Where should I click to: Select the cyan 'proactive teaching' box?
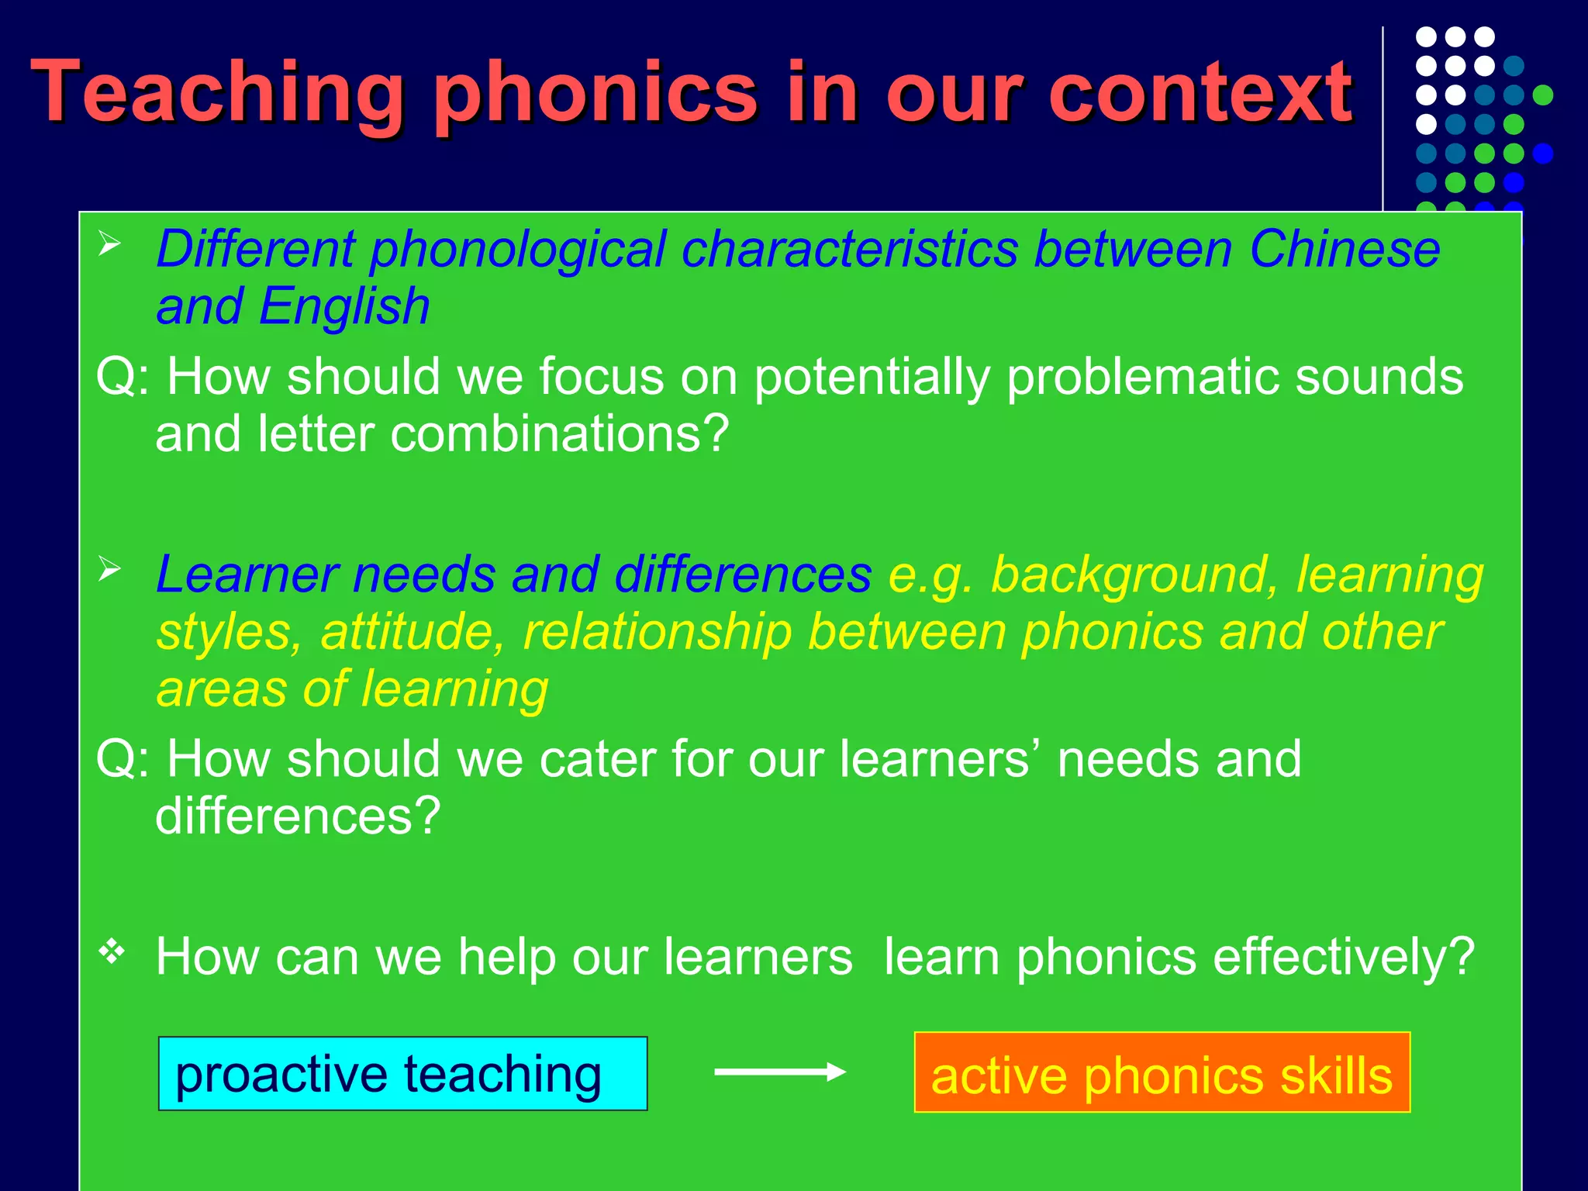pos(402,1074)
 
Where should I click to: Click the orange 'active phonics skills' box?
pos(1162,1074)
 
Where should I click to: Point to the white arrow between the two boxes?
pos(779,1072)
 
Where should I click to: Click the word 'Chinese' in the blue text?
pos(1345,250)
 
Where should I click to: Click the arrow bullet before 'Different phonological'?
pos(110,245)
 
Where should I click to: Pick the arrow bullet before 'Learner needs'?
pos(110,570)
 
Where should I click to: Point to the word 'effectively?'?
pos(1343,957)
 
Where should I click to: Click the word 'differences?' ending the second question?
pos(298,816)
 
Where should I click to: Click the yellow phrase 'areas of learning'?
pos(353,689)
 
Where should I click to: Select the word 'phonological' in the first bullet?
pos(517,250)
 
